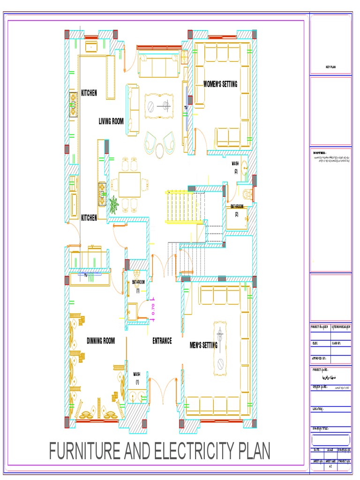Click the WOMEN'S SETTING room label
tap(220, 84)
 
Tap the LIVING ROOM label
tap(111, 121)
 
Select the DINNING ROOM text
tap(101, 341)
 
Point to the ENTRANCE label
tap(162, 341)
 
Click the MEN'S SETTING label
tap(203, 345)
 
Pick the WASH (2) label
tap(235, 167)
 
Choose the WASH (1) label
tap(137, 378)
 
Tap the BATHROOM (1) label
tap(138, 286)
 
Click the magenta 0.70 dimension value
tap(153, 309)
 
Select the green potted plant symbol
tap(113, 205)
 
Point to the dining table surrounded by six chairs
tap(129, 185)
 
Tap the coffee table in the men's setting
tap(220, 347)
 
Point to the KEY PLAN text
tap(331, 67)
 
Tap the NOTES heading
tap(319, 153)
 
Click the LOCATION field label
tap(318, 409)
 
